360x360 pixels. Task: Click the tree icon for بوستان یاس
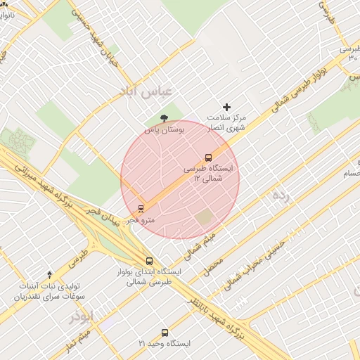point(165,118)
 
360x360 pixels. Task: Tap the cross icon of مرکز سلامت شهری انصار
point(226,107)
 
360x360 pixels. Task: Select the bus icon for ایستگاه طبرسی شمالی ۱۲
point(208,158)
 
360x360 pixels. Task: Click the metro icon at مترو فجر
point(141,209)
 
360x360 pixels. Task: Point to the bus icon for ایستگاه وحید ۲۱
point(165,333)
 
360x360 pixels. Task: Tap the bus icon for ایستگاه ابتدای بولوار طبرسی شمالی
point(148,261)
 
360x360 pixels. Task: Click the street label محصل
point(214,265)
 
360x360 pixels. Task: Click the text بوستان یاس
point(164,130)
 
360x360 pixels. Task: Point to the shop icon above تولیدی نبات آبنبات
point(49,274)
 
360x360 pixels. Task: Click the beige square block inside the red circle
point(204,218)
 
